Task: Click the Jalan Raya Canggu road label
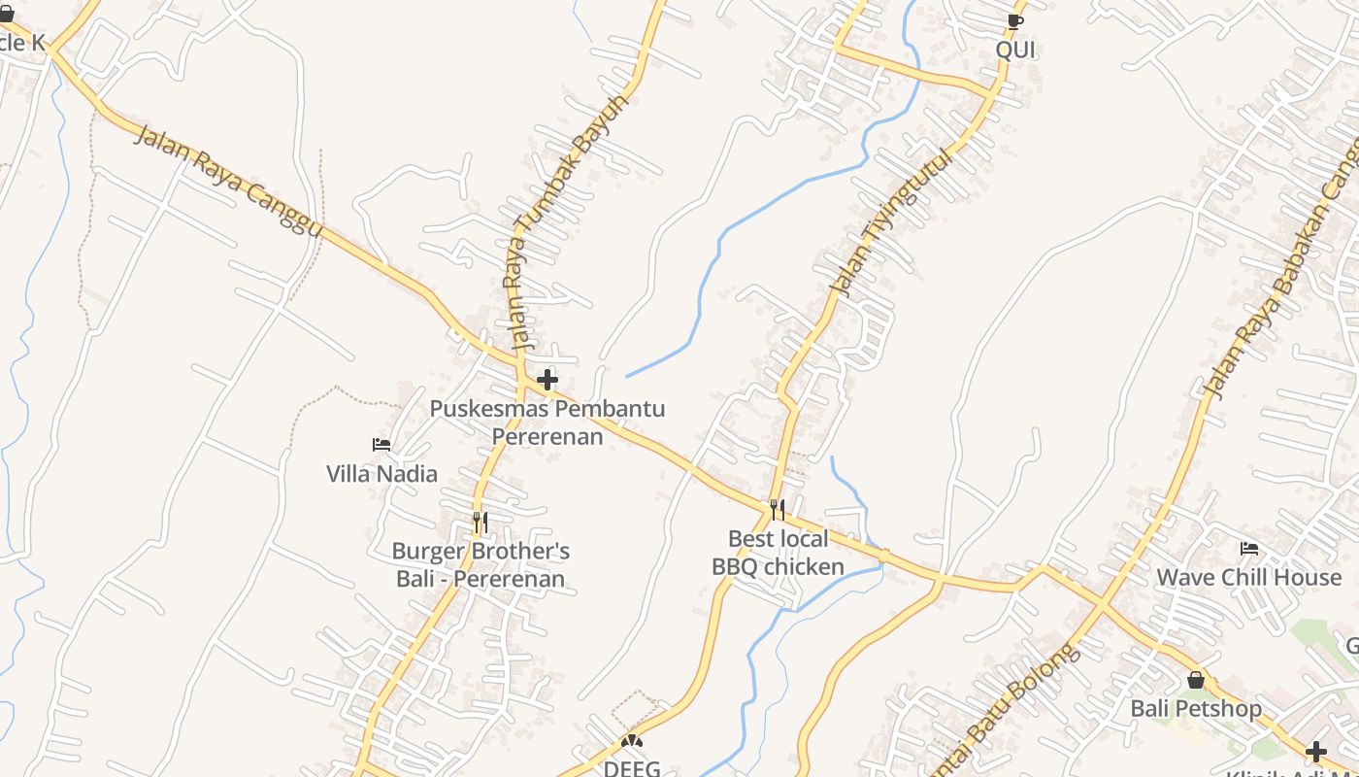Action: point(227,181)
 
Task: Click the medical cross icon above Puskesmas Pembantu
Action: point(547,380)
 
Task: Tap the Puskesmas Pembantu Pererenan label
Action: point(547,422)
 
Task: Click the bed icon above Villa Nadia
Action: point(381,445)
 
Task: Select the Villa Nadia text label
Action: point(381,474)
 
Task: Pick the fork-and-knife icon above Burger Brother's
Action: point(480,523)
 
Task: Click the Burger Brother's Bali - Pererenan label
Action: point(481,565)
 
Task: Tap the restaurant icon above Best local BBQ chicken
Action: point(778,510)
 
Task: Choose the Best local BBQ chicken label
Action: point(779,553)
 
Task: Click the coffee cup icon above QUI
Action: point(1015,21)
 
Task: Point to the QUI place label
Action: point(1015,50)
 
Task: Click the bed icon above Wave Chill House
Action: point(1249,549)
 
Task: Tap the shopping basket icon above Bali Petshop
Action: point(1196,680)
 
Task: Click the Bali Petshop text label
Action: point(1196,709)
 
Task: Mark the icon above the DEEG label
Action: point(632,741)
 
